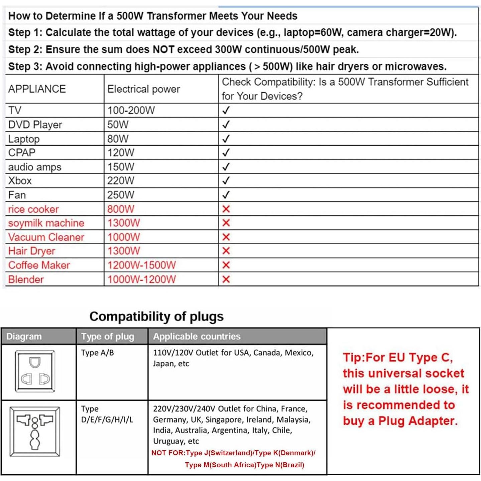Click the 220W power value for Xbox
click(x=121, y=181)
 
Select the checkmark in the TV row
click(x=226, y=110)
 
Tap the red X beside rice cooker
click(x=226, y=209)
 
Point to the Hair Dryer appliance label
click(x=32, y=251)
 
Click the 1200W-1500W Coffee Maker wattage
click(x=141, y=265)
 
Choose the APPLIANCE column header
click(x=37, y=89)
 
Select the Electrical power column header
click(x=144, y=89)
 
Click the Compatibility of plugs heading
click(x=156, y=316)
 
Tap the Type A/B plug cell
click(x=98, y=353)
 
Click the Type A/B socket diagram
click(x=35, y=371)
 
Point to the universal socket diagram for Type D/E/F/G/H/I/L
click(x=35, y=432)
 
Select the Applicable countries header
click(x=197, y=337)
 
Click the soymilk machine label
click(x=46, y=223)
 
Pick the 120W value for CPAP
click(x=121, y=153)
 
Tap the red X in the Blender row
click(x=226, y=279)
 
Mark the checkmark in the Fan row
click(x=226, y=195)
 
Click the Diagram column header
click(x=24, y=337)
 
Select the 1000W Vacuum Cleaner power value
click(x=124, y=237)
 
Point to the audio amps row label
click(x=35, y=167)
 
